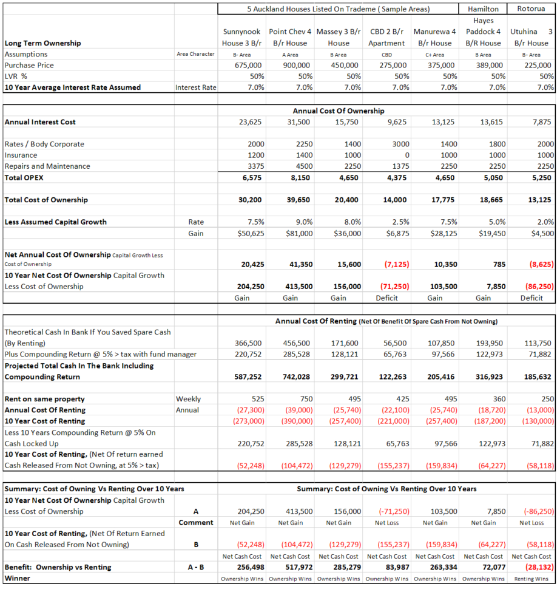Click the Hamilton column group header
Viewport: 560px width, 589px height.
[483, 9]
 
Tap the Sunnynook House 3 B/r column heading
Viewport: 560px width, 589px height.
[242, 37]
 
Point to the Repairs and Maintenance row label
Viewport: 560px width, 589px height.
[47, 166]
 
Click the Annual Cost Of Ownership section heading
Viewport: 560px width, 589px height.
[338, 111]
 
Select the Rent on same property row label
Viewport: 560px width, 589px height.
[44, 399]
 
